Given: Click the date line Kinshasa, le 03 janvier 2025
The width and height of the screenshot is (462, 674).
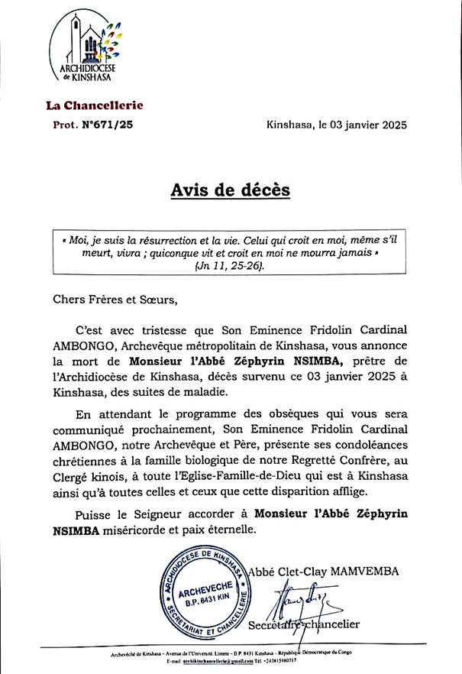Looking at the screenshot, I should point(337,125).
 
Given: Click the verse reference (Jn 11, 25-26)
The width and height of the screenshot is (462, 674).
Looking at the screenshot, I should point(230,265).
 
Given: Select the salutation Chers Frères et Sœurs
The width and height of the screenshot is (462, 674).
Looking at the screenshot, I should point(115,299).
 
